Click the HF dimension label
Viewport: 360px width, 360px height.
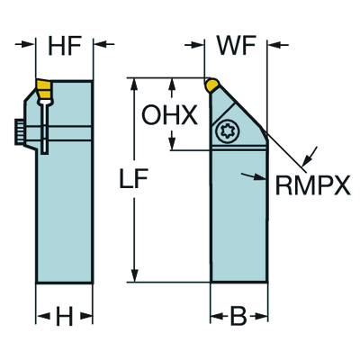[65, 46]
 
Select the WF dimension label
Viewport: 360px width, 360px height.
[237, 46]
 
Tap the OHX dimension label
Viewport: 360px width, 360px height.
[169, 115]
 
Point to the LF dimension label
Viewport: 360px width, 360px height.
[134, 178]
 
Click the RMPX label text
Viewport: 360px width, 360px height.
[313, 185]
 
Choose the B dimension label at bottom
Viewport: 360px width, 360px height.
[238, 316]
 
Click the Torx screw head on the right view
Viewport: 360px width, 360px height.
[225, 131]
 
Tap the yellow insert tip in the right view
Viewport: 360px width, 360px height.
[212, 85]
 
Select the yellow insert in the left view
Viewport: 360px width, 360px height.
[44, 89]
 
